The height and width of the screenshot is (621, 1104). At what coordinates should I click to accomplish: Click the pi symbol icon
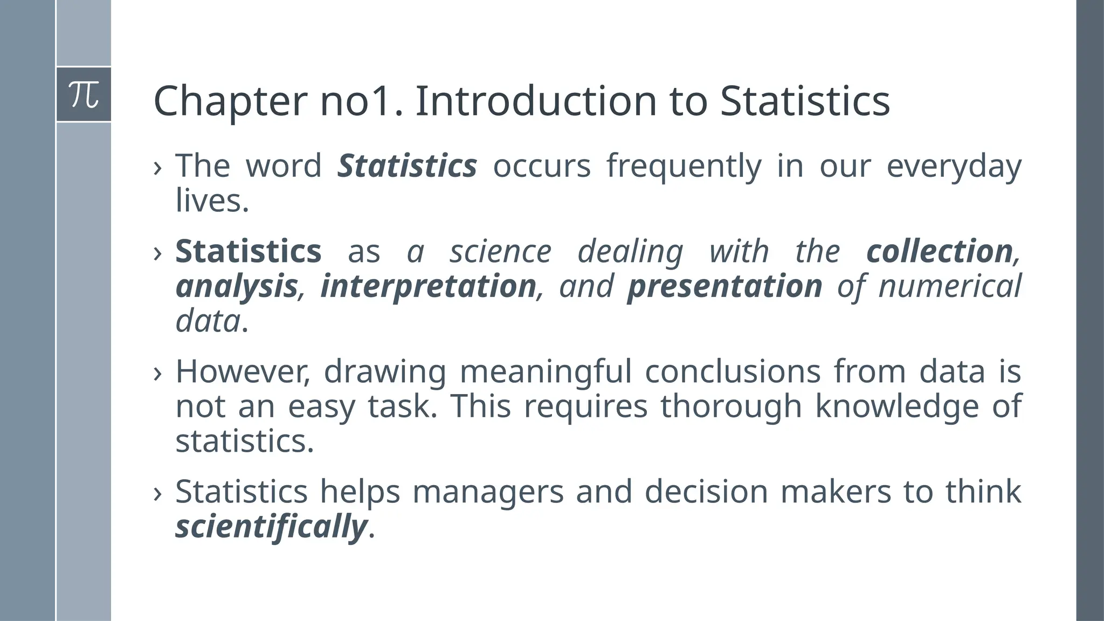(84, 94)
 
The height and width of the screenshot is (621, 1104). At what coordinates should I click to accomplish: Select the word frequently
(684, 167)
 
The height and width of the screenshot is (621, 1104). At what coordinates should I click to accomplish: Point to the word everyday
(954, 167)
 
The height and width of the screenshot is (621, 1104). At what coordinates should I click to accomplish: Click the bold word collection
(940, 252)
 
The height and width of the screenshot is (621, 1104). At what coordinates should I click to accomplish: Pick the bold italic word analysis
(237, 287)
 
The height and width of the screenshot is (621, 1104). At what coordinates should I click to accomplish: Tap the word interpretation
(428, 287)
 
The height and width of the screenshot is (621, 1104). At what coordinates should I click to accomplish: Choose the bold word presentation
(724, 287)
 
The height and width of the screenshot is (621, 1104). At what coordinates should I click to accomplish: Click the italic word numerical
(950, 287)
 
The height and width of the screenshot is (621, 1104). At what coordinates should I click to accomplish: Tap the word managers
(488, 493)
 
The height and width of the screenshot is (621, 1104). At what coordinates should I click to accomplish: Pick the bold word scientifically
(271, 527)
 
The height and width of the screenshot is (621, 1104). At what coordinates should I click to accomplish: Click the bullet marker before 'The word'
(157, 168)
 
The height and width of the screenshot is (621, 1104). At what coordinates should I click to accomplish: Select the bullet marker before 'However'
(157, 374)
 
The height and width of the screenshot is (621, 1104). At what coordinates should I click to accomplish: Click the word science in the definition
(501, 252)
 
